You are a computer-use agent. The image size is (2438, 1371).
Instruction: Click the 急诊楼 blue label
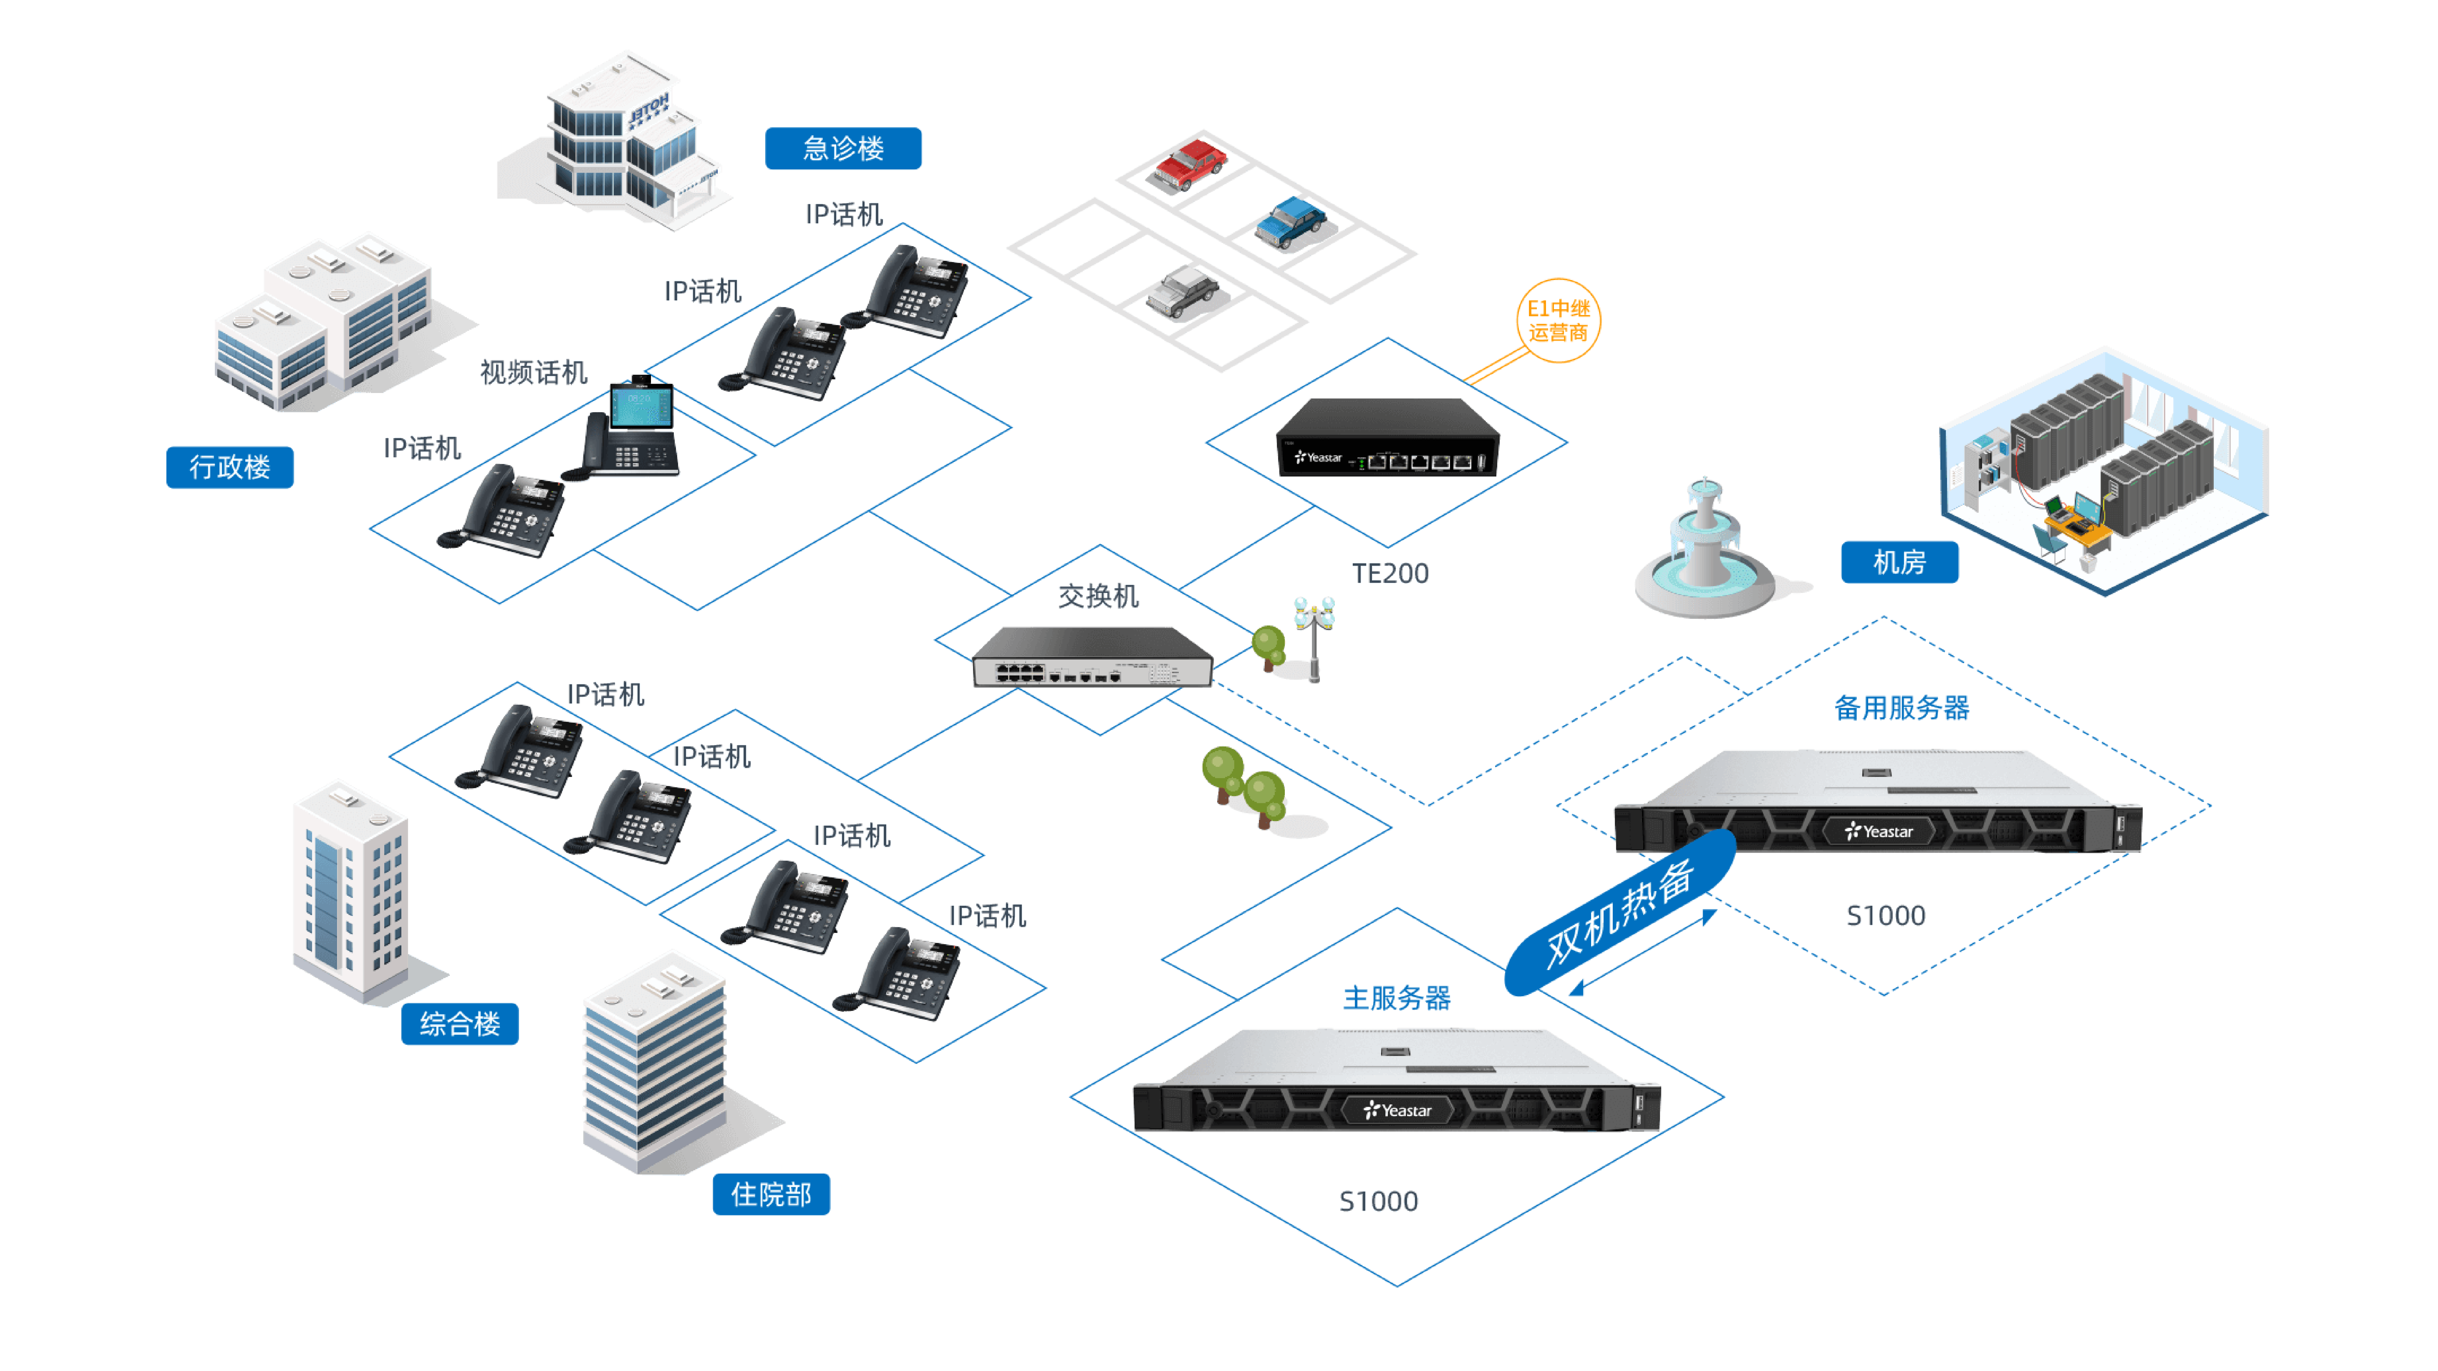[x=842, y=149]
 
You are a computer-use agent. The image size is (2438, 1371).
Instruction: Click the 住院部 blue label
[x=770, y=1194]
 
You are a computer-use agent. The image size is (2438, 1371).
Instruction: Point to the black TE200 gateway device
[x=1388, y=438]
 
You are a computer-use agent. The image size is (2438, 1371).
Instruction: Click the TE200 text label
[x=1389, y=573]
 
